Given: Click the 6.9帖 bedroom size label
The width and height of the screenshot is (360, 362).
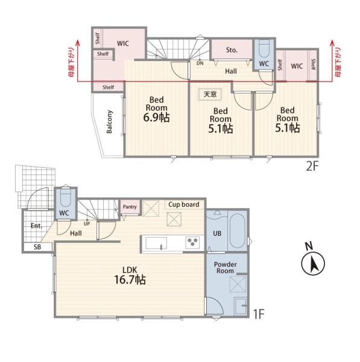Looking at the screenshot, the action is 156,117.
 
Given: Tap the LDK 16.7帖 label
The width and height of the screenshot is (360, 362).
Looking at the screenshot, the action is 130,275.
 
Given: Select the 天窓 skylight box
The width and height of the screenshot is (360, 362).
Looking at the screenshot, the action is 210,94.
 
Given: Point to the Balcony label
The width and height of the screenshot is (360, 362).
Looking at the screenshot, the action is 109,122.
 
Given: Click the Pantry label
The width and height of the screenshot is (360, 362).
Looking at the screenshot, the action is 130,207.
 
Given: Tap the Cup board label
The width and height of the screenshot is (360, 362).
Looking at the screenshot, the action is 184,205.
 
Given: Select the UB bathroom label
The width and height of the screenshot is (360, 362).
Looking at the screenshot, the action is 217,233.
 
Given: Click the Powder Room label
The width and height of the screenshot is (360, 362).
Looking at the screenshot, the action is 226,267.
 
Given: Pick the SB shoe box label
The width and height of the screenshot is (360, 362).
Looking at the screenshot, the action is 37,247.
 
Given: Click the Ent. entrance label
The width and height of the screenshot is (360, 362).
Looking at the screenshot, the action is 36,226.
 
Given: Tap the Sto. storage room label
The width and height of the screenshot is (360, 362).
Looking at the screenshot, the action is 232,50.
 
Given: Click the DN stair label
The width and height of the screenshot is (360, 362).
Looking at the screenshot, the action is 200,63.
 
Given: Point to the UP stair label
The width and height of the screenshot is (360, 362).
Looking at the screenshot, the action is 87,224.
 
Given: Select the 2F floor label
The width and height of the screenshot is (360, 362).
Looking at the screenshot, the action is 312,167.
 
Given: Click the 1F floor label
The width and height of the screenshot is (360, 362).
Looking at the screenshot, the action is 259,314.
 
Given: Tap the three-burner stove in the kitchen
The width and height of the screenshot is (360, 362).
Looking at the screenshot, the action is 192,243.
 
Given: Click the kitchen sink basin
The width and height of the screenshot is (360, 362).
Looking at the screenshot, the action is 156,243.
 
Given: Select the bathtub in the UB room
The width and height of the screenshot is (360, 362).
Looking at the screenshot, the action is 237,231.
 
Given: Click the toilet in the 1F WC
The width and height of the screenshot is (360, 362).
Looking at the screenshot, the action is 66,198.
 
